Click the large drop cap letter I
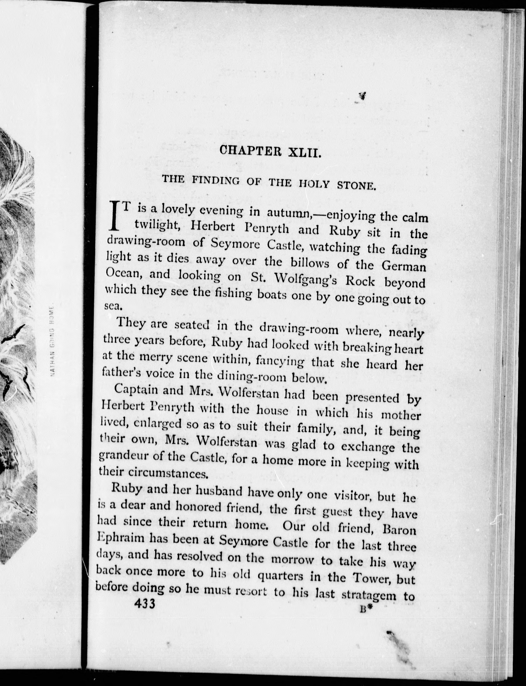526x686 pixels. [115, 216]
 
